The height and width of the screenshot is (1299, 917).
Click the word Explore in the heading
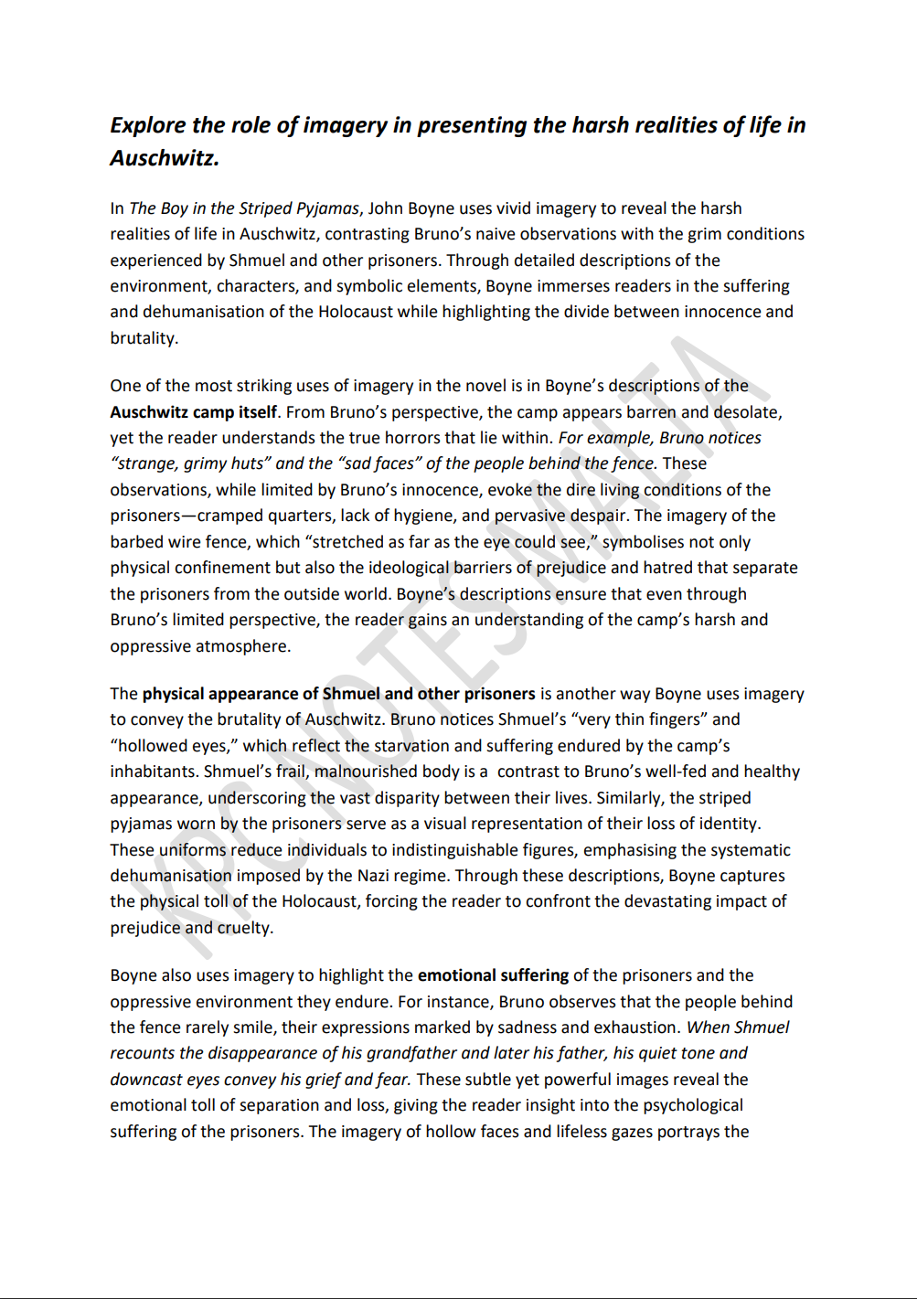click(x=148, y=125)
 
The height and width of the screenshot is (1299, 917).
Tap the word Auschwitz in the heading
click(x=165, y=158)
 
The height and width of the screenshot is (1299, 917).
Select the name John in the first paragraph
click(x=386, y=208)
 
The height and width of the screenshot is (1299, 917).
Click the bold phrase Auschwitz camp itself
click(x=193, y=412)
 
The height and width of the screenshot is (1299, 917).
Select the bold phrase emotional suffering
click(x=493, y=975)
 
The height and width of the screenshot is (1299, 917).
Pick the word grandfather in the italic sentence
click(x=413, y=1053)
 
